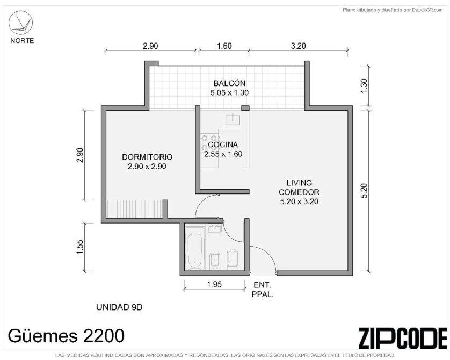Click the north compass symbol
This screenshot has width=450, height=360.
[x=20, y=23]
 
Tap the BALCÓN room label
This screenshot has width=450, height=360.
[x=229, y=83]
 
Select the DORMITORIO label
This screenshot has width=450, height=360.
[x=147, y=157]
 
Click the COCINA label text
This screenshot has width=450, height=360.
[x=223, y=145]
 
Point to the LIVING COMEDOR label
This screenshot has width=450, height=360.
[x=299, y=188]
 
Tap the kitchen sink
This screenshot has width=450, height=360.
[x=233, y=119]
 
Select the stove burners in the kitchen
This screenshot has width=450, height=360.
[x=209, y=143]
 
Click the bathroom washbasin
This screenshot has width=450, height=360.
[x=214, y=229]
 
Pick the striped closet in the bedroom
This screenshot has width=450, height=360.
[x=134, y=209]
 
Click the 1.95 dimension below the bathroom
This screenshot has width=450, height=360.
[x=214, y=284]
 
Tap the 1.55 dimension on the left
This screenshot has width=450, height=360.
[x=79, y=247]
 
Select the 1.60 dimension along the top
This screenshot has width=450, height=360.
[x=224, y=46]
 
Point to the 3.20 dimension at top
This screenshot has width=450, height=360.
[x=299, y=46]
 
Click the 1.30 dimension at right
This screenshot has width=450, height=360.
[x=364, y=85]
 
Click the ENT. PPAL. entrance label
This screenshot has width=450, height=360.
[x=263, y=290]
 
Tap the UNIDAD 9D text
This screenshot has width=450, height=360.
[x=119, y=307]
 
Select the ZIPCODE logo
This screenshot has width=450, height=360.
[x=402, y=337]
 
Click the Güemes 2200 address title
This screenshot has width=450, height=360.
[x=66, y=336]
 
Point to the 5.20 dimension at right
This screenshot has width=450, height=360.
[x=364, y=191]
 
